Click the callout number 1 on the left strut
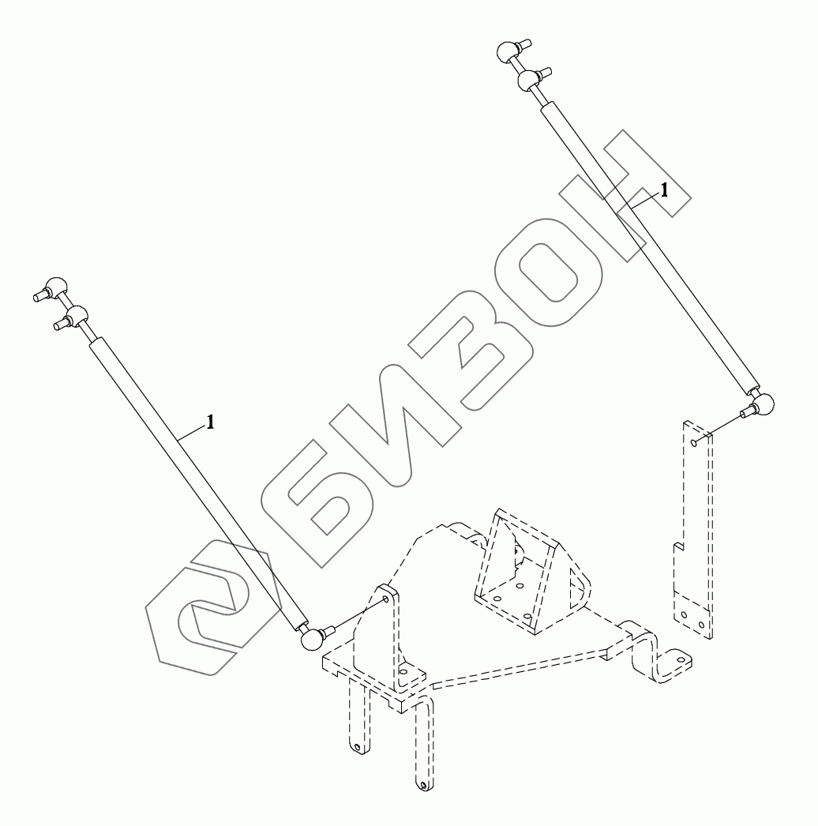tap(210, 422)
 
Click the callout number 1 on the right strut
tap(665, 189)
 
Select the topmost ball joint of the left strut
tap(54, 287)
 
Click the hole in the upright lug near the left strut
tap(385, 599)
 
